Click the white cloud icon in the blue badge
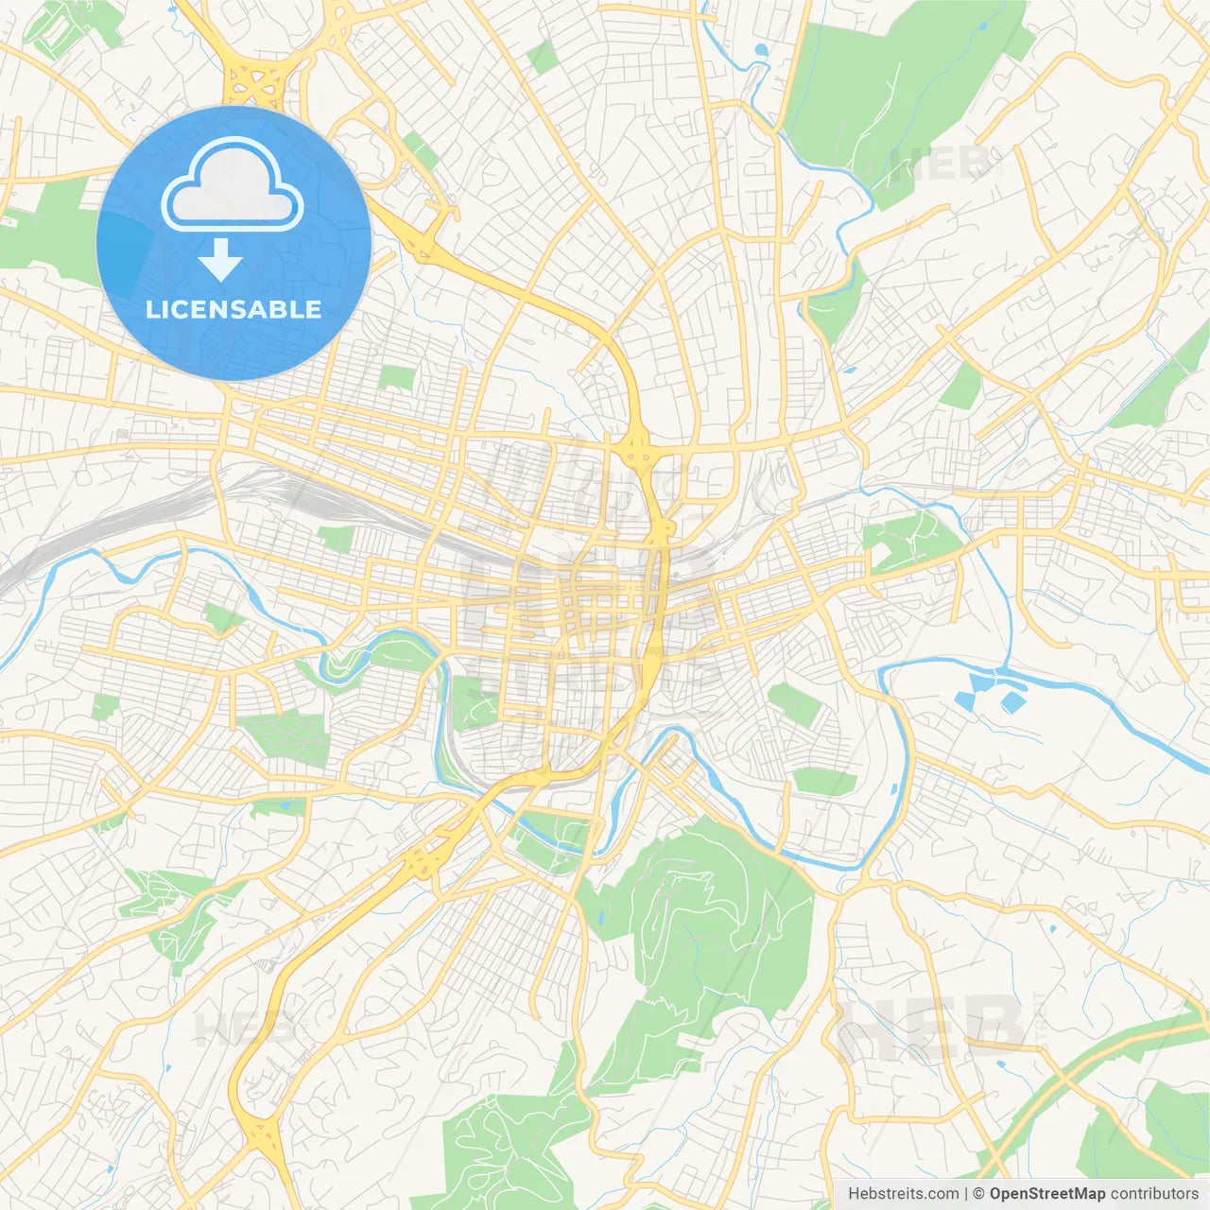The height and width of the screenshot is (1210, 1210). (233, 185)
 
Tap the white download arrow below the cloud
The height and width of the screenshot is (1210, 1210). (220, 260)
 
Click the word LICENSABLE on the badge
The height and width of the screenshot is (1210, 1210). (233, 309)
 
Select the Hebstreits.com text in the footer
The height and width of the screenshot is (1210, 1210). (903, 1193)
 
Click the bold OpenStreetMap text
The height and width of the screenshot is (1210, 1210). (1046, 1193)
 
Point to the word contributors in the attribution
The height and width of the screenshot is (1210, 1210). (1154, 1193)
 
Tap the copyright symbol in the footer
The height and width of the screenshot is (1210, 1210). (978, 1193)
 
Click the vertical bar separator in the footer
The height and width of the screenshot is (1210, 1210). (965, 1193)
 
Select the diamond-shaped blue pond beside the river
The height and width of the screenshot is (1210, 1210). (1012, 702)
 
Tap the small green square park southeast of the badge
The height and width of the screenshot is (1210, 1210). (396, 377)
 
